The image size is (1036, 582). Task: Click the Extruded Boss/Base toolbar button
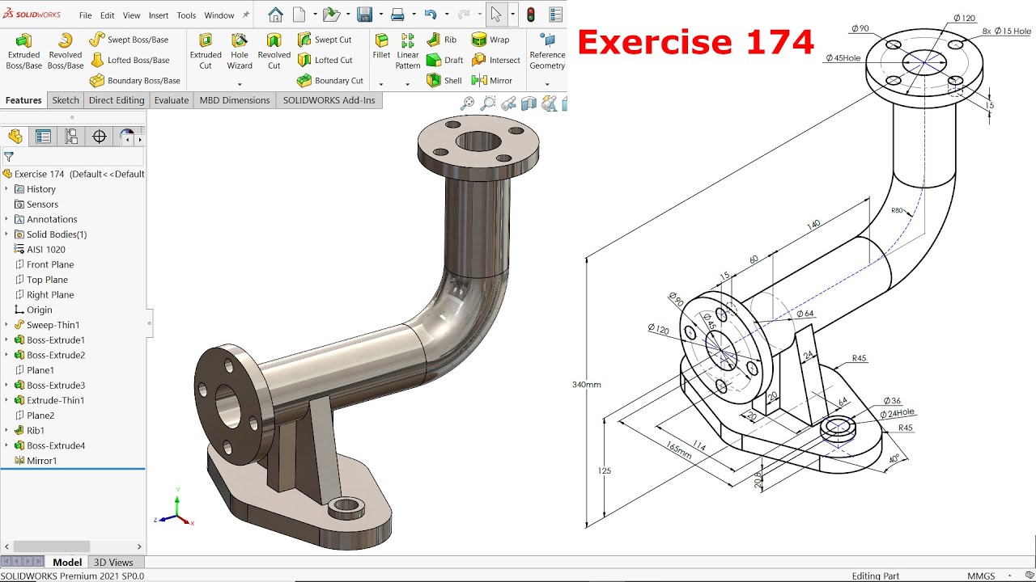click(23, 50)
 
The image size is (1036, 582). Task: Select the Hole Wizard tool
click(240, 50)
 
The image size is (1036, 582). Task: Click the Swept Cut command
click(325, 40)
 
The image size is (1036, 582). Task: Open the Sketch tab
click(66, 100)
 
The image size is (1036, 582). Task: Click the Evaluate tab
click(172, 100)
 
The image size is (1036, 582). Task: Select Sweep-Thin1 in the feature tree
click(53, 325)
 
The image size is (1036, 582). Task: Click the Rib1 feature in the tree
click(36, 431)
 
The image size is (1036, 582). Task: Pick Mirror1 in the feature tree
click(41, 461)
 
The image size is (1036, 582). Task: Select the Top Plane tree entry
click(47, 280)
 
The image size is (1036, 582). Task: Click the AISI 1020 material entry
click(45, 250)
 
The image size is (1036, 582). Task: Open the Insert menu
click(159, 15)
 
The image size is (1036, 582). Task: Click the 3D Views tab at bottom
click(113, 563)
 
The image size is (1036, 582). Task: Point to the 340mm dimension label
click(586, 385)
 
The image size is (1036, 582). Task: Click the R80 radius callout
click(897, 211)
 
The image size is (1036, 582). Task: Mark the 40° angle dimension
click(894, 458)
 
